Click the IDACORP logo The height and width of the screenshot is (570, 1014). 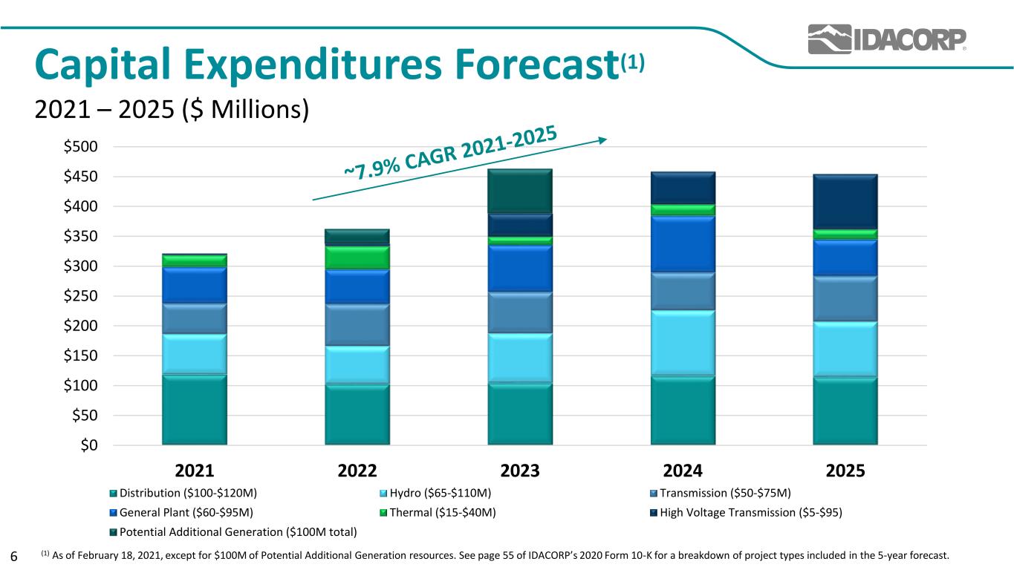[887, 39]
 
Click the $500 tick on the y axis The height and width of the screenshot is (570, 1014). [80, 146]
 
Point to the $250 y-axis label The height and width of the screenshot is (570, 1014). [80, 296]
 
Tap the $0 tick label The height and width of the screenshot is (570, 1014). [89, 445]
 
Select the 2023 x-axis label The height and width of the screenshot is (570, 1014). [520, 471]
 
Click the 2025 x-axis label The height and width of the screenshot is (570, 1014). [845, 471]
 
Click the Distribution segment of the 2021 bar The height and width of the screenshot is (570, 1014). [195, 410]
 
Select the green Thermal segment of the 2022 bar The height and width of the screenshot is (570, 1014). [357, 258]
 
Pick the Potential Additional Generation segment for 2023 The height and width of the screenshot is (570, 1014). [520, 191]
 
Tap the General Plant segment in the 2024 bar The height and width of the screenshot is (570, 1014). [683, 244]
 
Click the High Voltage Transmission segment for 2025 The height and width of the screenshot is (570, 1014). [845, 202]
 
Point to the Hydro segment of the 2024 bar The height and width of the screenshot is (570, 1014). [683, 343]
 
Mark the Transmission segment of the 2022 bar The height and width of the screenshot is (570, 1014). [357, 325]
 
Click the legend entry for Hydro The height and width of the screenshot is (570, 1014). [435, 493]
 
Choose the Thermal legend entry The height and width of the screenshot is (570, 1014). [438, 513]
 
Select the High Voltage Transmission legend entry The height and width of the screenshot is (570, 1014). [746, 513]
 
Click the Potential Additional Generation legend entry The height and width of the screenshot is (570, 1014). [233, 532]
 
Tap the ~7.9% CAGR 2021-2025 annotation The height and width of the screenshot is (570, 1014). [450, 153]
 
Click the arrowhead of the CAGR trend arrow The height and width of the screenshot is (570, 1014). [603, 140]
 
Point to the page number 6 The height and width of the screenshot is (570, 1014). [14, 556]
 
